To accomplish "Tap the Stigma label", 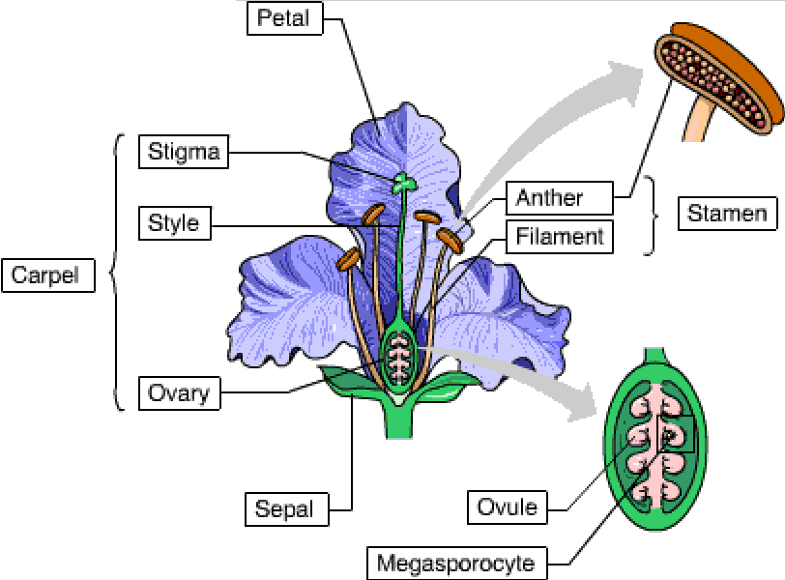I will pos(184,152).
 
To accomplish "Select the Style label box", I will pos(174,223).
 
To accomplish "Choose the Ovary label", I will pos(179,393).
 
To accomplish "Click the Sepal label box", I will pos(284,508).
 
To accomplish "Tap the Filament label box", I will pos(559,237).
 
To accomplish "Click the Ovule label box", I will pos(507,507).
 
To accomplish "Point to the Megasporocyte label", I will pos(454,562).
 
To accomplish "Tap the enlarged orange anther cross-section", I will pos(720,82).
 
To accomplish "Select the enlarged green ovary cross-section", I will pos(656,439).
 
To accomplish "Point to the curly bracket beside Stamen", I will pos(653,216).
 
